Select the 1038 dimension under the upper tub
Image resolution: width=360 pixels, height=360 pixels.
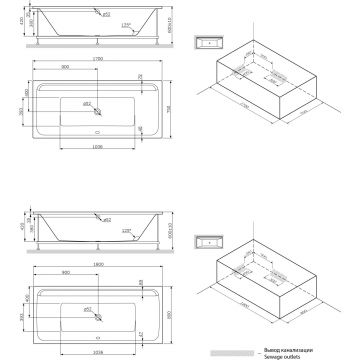pos(96,148)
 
